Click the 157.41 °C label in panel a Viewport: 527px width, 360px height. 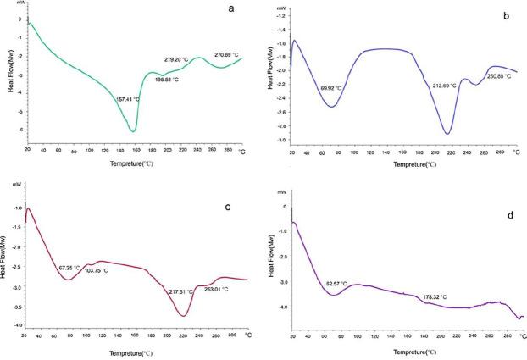pyautogui.click(x=130, y=99)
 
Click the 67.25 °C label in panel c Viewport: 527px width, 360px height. pyautogui.click(x=73, y=268)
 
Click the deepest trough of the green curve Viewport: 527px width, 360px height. pyautogui.click(x=133, y=130)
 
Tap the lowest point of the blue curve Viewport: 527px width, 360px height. pyautogui.click(x=447, y=134)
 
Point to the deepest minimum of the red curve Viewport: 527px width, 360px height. pyautogui.click(x=184, y=316)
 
